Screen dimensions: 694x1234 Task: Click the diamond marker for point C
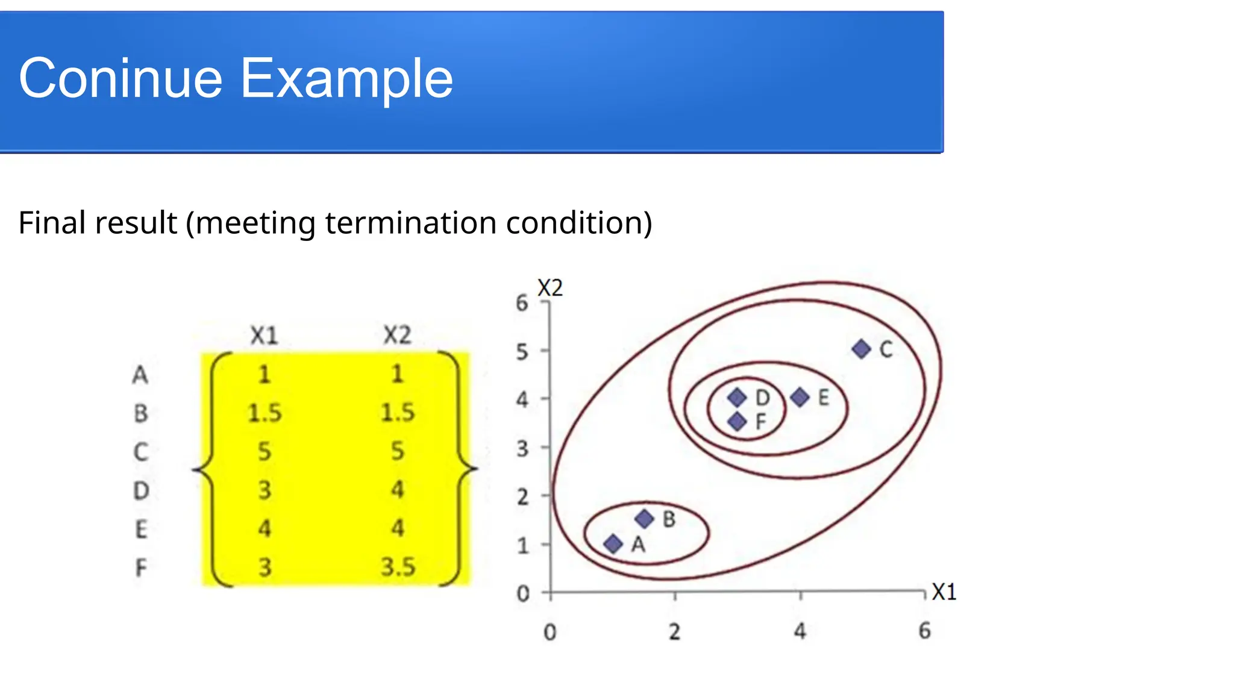[861, 349]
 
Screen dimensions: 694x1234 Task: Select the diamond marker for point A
[613, 544]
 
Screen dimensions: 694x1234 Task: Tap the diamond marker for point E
[800, 398]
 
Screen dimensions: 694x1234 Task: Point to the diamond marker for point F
[737, 421]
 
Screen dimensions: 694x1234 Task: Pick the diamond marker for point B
[644, 519]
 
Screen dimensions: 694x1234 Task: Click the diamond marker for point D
[737, 398]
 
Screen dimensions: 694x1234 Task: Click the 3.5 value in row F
[398, 567]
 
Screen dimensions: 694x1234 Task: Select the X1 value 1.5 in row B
[265, 413]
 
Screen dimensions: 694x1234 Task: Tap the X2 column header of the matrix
[397, 335]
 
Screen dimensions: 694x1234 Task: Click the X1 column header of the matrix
[264, 336]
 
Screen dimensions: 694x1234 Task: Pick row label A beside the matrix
[140, 375]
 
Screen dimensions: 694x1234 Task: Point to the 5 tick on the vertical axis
[522, 352]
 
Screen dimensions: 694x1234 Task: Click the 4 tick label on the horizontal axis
[800, 631]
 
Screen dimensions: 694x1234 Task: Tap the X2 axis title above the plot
[550, 288]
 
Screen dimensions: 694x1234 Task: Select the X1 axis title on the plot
[944, 592]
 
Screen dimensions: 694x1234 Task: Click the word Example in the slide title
[346, 78]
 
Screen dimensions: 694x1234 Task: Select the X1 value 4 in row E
[265, 529]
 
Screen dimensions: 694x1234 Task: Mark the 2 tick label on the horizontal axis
[674, 631]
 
